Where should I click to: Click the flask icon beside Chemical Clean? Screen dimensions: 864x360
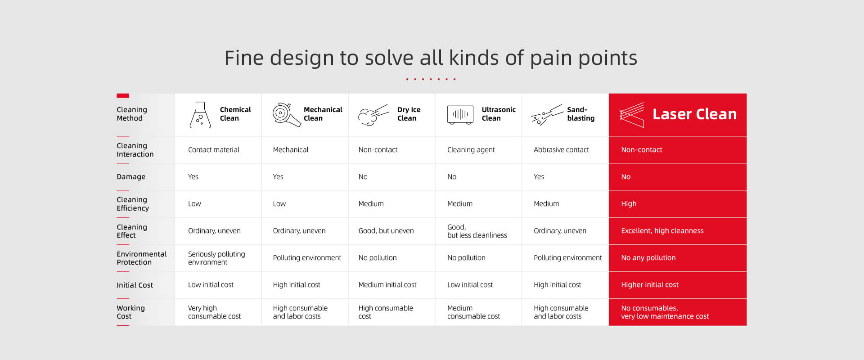(x=200, y=115)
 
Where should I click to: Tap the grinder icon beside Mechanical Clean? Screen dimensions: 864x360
(x=286, y=114)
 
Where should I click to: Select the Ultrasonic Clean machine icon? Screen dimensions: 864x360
(x=460, y=115)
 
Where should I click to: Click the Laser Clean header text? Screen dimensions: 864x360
(x=694, y=114)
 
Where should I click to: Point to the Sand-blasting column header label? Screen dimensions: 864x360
(x=580, y=114)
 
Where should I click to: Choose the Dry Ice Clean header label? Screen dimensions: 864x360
(x=409, y=114)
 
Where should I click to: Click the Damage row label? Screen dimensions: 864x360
(x=131, y=177)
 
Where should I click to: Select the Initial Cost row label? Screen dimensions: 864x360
(x=135, y=285)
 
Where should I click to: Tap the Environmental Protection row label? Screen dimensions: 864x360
(x=141, y=258)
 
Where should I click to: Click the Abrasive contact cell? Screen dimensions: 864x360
(x=561, y=150)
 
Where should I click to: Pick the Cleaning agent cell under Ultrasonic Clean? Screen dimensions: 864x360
(x=471, y=150)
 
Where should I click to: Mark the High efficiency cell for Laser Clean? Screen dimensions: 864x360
(x=629, y=204)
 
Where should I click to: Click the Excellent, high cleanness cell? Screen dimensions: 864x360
(x=662, y=231)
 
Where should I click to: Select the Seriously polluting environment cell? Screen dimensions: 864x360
(x=216, y=258)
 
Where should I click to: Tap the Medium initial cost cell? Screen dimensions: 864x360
(x=387, y=285)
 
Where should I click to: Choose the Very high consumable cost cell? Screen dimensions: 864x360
(x=214, y=312)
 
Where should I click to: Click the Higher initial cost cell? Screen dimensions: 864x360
(x=649, y=285)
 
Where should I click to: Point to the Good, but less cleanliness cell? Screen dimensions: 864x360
(x=477, y=231)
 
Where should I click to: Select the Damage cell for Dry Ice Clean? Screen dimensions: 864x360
(x=363, y=177)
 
